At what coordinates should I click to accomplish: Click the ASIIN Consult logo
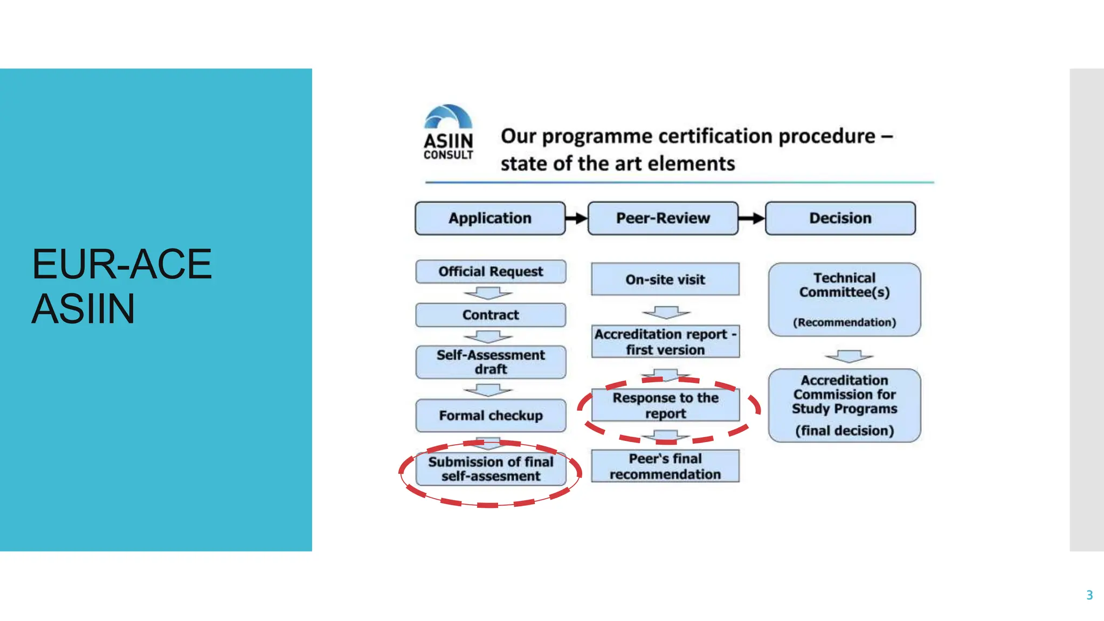tap(448, 133)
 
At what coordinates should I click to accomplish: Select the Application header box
tap(490, 218)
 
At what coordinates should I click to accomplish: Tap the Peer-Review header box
tap(663, 218)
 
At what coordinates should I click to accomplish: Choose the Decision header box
tap(840, 218)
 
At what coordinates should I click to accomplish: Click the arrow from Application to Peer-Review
tap(576, 218)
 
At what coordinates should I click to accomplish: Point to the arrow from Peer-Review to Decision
tap(751, 218)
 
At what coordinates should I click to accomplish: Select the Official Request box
tap(491, 272)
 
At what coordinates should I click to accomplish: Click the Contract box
tap(491, 315)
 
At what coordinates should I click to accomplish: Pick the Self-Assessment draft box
tap(491, 362)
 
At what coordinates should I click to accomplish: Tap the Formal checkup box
tap(491, 415)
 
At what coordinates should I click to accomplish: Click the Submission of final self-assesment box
tap(491, 469)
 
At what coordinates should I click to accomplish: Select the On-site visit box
tap(665, 279)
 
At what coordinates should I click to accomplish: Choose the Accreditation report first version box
tap(665, 342)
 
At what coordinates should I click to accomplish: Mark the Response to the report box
tap(665, 405)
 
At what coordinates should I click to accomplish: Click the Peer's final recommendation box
tap(665, 466)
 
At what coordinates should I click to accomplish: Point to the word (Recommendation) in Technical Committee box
tap(844, 322)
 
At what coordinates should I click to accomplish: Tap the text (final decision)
tap(844, 431)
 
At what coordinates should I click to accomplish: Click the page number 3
tap(1089, 595)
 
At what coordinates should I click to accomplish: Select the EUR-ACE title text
tap(122, 264)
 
